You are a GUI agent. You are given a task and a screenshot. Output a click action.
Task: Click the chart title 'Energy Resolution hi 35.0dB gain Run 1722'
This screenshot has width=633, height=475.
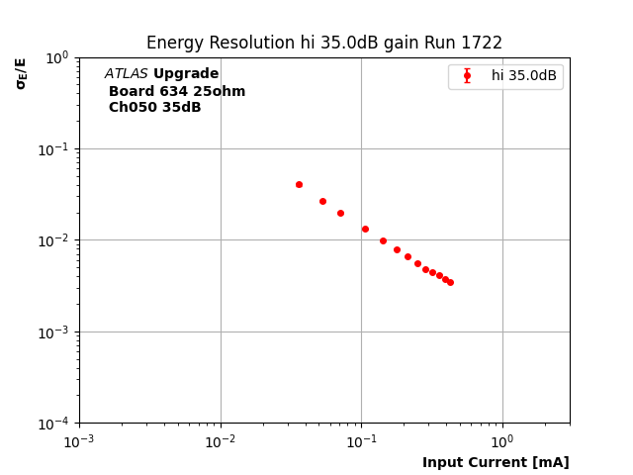pyautogui.click(x=324, y=43)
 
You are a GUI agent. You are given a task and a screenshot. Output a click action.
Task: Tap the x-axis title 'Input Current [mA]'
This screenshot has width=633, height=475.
pyautogui.click(x=496, y=462)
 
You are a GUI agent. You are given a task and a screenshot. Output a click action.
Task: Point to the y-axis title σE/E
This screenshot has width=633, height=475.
pyautogui.click(x=21, y=73)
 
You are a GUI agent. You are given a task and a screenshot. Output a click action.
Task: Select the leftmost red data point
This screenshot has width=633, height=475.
pyautogui.click(x=299, y=184)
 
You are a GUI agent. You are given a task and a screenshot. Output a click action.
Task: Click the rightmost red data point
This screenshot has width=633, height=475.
pyautogui.click(x=450, y=282)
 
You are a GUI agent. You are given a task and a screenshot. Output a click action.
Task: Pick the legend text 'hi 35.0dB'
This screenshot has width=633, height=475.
pyautogui.click(x=523, y=75)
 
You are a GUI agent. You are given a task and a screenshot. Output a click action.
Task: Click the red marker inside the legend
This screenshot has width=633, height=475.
pyautogui.click(x=467, y=75)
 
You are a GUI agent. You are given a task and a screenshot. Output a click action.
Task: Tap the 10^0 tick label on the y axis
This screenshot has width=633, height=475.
pyautogui.click(x=55, y=57)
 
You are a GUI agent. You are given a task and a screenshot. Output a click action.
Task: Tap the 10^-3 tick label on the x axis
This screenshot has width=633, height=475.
pyautogui.click(x=79, y=441)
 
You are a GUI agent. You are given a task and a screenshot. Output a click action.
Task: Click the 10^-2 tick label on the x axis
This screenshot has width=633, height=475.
pyautogui.click(x=221, y=441)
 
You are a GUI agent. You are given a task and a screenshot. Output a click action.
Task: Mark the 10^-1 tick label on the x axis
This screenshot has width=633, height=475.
pyautogui.click(x=361, y=441)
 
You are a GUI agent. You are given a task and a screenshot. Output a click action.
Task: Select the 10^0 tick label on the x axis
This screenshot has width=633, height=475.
pyautogui.click(x=502, y=441)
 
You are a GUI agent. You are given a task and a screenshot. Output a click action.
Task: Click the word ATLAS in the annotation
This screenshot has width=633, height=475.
pyautogui.click(x=126, y=74)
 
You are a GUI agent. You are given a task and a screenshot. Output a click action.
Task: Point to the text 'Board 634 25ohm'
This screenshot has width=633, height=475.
pyautogui.click(x=177, y=91)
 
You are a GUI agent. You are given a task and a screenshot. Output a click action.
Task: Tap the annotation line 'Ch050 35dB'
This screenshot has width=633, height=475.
pyautogui.click(x=154, y=108)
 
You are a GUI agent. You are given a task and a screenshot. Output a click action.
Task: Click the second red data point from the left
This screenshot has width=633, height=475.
pyautogui.click(x=322, y=201)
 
